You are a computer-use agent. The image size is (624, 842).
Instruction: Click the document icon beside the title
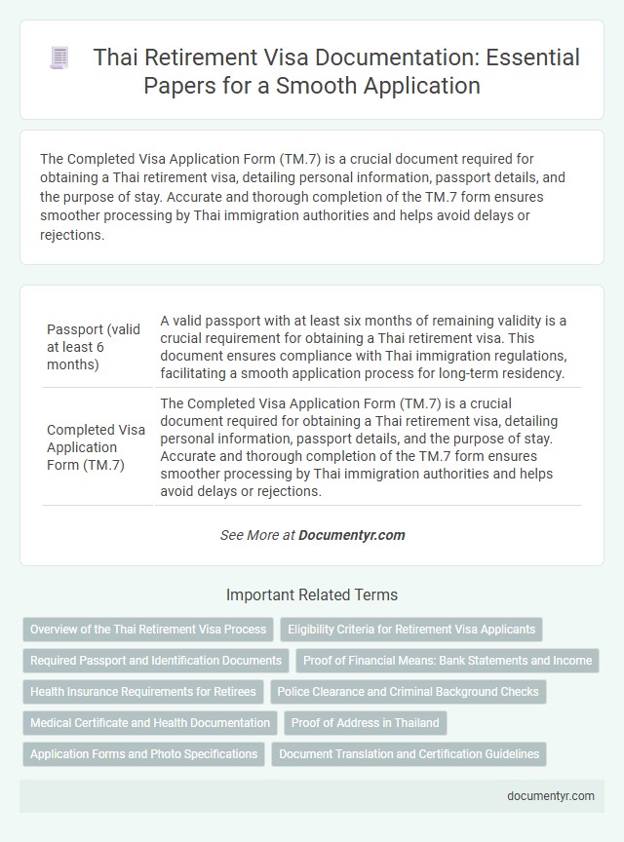pos(58,58)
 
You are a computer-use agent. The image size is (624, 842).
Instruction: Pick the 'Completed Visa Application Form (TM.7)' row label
pos(96,447)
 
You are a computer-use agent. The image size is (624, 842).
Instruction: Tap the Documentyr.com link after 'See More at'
pos(351,535)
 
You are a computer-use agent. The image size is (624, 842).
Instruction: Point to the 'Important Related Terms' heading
pos(312,594)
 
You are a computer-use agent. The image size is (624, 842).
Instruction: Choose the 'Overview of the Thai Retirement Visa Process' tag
pos(148,630)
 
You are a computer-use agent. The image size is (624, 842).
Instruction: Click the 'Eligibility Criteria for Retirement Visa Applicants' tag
pos(411,630)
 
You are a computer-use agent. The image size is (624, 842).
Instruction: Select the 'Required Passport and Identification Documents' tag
pos(156,661)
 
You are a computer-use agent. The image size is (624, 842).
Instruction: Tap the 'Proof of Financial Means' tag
pos(448,661)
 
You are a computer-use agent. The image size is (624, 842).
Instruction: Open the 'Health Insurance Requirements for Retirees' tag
pos(143,692)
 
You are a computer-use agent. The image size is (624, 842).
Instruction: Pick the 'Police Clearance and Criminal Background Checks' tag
pos(408,692)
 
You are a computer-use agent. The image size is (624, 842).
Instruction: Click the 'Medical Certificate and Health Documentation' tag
pos(150,723)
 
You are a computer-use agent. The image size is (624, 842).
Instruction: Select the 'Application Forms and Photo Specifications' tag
pos(144,754)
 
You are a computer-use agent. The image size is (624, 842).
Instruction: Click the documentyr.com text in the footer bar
pos(551,795)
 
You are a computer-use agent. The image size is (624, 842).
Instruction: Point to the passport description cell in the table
pos(368,345)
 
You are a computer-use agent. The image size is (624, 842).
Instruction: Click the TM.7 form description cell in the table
pos(368,447)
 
